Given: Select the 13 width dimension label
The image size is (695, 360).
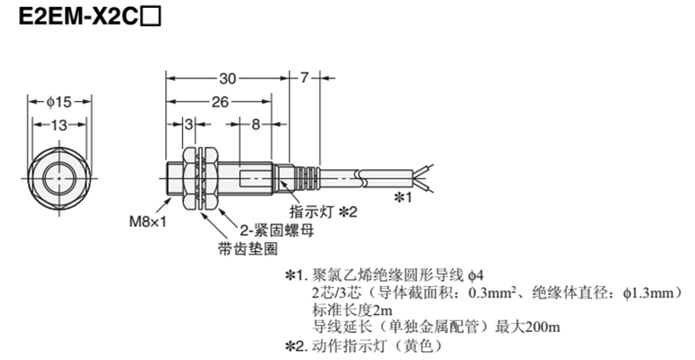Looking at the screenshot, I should tap(57, 127).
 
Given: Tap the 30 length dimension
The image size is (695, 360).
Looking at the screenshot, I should tap(230, 77).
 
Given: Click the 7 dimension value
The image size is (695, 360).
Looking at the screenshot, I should tap(304, 77).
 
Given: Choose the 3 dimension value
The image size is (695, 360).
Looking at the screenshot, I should tap(187, 127).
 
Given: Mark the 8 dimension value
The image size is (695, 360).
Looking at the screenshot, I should tap(255, 127).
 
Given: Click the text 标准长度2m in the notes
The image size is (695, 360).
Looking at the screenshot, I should tap(347, 310).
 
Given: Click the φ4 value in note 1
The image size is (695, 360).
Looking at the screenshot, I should tap(474, 275).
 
